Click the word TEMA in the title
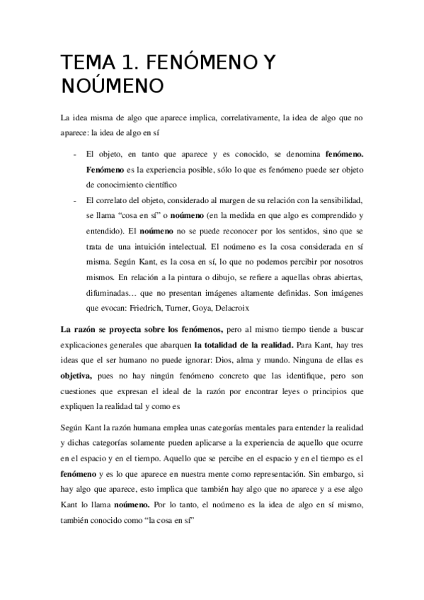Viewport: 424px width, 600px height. [82, 63]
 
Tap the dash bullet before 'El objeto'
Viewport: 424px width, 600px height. [75, 154]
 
